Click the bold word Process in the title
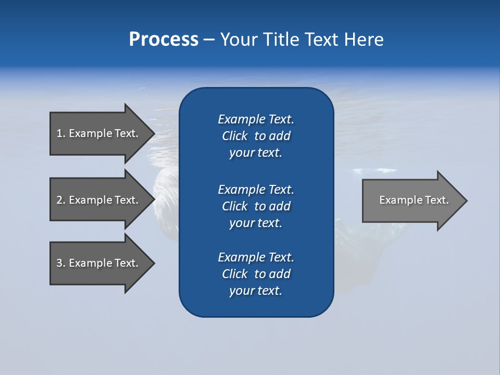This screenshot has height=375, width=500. (x=164, y=40)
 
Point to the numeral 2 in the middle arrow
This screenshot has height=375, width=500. (x=60, y=200)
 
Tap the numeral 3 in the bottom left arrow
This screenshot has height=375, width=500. (x=60, y=263)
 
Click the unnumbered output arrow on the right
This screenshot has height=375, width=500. (x=411, y=201)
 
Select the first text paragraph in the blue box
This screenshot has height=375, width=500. (x=256, y=136)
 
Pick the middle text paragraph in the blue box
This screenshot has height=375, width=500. (x=256, y=206)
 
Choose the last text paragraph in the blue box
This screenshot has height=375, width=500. (x=256, y=274)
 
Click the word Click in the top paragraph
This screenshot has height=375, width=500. (x=235, y=136)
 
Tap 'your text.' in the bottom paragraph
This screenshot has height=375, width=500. (x=256, y=291)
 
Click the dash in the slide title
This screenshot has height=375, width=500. (x=209, y=40)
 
